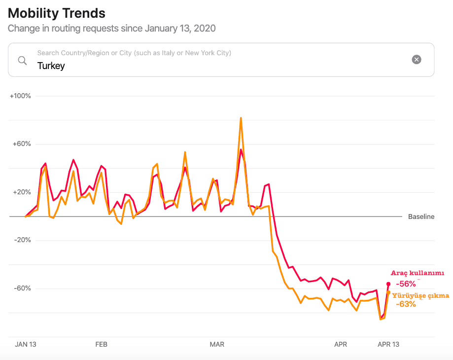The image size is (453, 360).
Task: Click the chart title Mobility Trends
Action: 57,13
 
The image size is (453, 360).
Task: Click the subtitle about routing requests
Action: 111,28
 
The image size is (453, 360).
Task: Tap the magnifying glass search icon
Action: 22,60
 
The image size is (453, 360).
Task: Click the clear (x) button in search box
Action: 417,60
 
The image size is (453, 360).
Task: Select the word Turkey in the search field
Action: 51,66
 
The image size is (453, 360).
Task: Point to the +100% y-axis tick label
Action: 20,96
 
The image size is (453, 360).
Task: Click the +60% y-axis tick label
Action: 22,144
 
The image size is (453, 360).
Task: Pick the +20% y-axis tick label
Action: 22,192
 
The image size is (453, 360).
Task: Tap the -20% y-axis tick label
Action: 22,240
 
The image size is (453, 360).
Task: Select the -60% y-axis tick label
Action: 22,288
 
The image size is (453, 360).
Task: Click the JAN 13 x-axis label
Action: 26,344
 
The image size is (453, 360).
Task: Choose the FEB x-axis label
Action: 101,344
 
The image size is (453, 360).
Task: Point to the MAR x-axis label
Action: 217,344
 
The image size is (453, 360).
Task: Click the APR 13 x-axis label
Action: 388,344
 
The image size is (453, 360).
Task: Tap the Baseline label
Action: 421,216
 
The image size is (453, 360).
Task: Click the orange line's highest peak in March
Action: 241,118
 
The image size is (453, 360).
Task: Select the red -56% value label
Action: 406,284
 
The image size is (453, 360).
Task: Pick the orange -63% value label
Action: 406,304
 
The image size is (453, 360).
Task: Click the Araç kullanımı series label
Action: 418,273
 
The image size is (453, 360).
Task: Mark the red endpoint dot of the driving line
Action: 388,284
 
